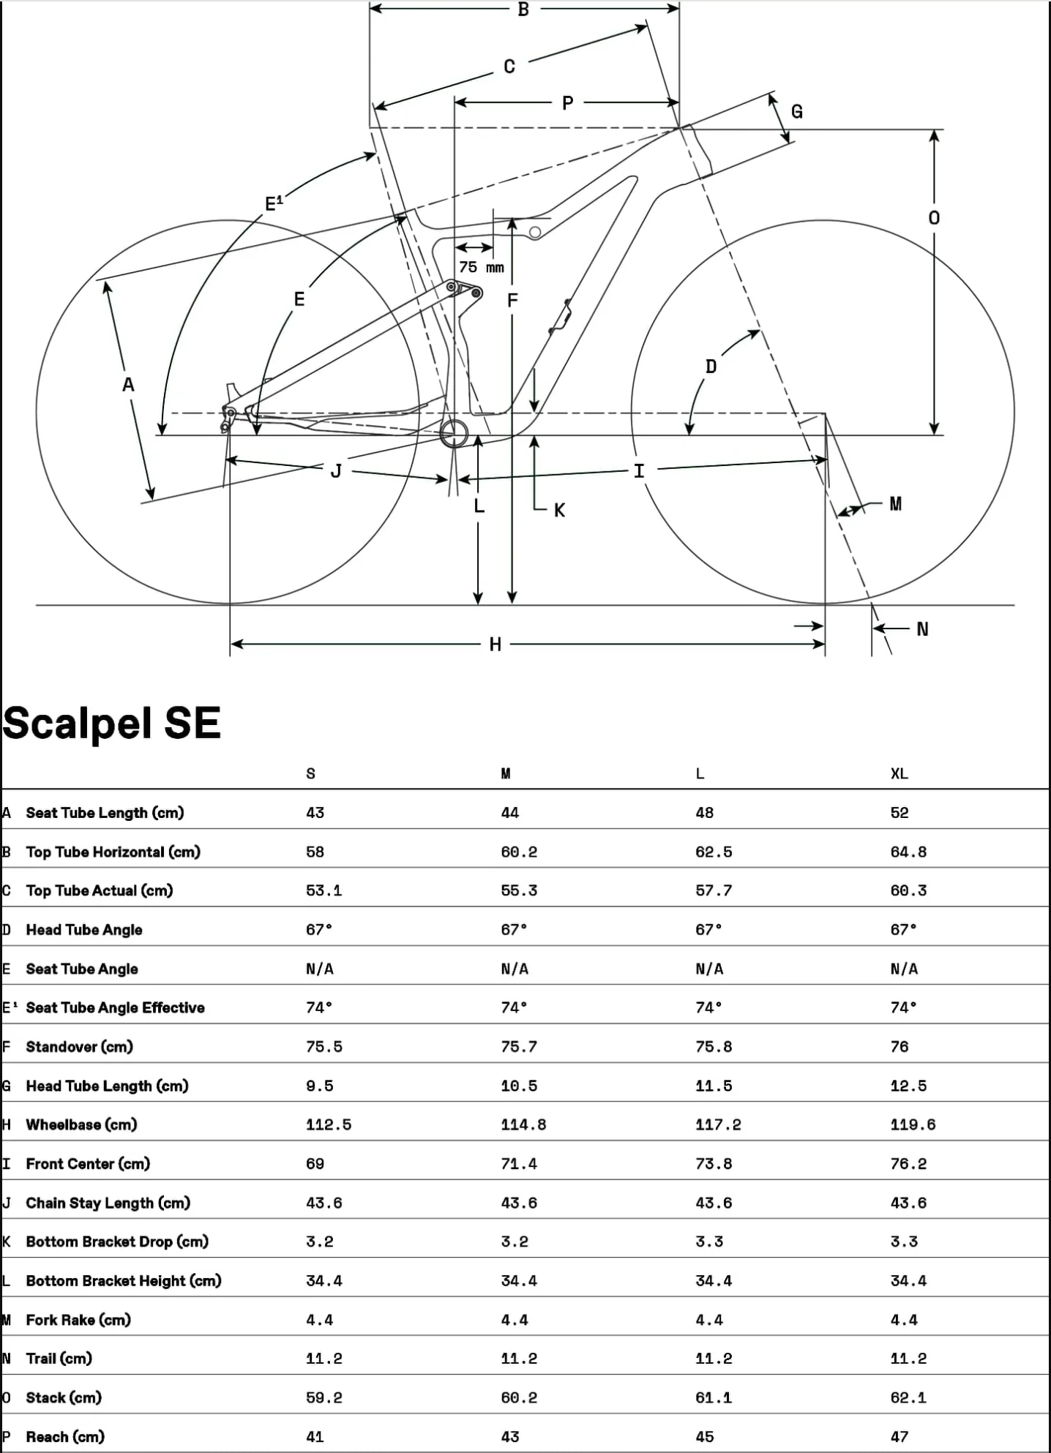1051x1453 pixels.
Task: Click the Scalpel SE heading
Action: (x=112, y=724)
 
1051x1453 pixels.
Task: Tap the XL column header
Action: (x=899, y=774)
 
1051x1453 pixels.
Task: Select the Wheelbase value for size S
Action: (x=329, y=1125)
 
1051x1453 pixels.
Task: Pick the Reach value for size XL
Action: (x=899, y=1437)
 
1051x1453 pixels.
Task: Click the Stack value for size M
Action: (x=519, y=1397)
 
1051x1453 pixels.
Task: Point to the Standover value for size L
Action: (x=714, y=1047)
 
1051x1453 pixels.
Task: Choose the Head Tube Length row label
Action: (x=107, y=1086)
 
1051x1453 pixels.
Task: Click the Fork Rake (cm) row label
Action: (x=78, y=1320)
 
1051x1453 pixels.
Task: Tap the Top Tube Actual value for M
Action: (x=519, y=890)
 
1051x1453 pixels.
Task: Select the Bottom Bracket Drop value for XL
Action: (x=904, y=1242)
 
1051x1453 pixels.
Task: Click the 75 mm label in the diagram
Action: (x=482, y=267)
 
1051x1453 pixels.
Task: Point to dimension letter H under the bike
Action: (x=495, y=645)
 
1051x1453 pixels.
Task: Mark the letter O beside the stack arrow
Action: (x=934, y=218)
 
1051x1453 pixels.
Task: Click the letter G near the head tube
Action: (x=797, y=112)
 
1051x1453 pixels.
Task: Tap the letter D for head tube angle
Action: (x=711, y=367)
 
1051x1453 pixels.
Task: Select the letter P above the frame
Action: (x=567, y=103)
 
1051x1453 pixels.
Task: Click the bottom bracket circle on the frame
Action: (x=454, y=432)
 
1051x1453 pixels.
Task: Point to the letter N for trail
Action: (x=922, y=629)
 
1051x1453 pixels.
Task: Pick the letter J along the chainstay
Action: (x=336, y=471)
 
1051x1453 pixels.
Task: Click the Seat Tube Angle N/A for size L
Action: (x=709, y=969)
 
